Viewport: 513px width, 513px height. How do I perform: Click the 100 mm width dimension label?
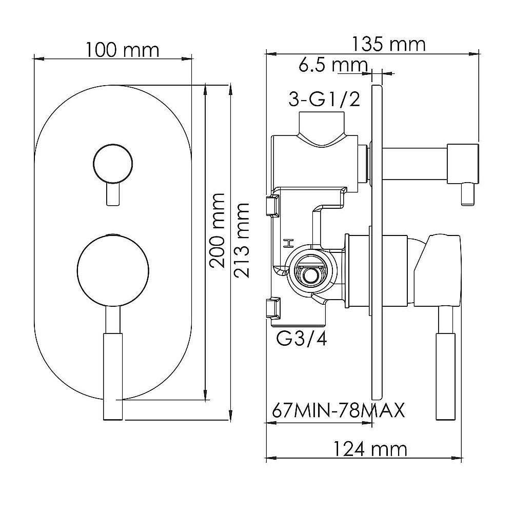tap(123, 50)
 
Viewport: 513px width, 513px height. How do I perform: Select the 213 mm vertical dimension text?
tap(242, 241)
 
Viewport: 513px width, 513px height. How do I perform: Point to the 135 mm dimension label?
tap(388, 44)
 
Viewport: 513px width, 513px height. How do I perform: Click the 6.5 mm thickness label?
tap(333, 65)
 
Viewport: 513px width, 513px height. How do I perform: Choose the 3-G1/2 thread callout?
tap(324, 99)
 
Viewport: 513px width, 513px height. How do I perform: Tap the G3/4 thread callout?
tap(302, 339)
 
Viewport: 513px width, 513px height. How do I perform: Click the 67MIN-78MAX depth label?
tap(339, 410)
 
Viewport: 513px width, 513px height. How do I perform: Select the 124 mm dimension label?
tap(370, 449)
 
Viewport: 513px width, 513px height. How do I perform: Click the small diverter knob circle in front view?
tap(113, 163)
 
